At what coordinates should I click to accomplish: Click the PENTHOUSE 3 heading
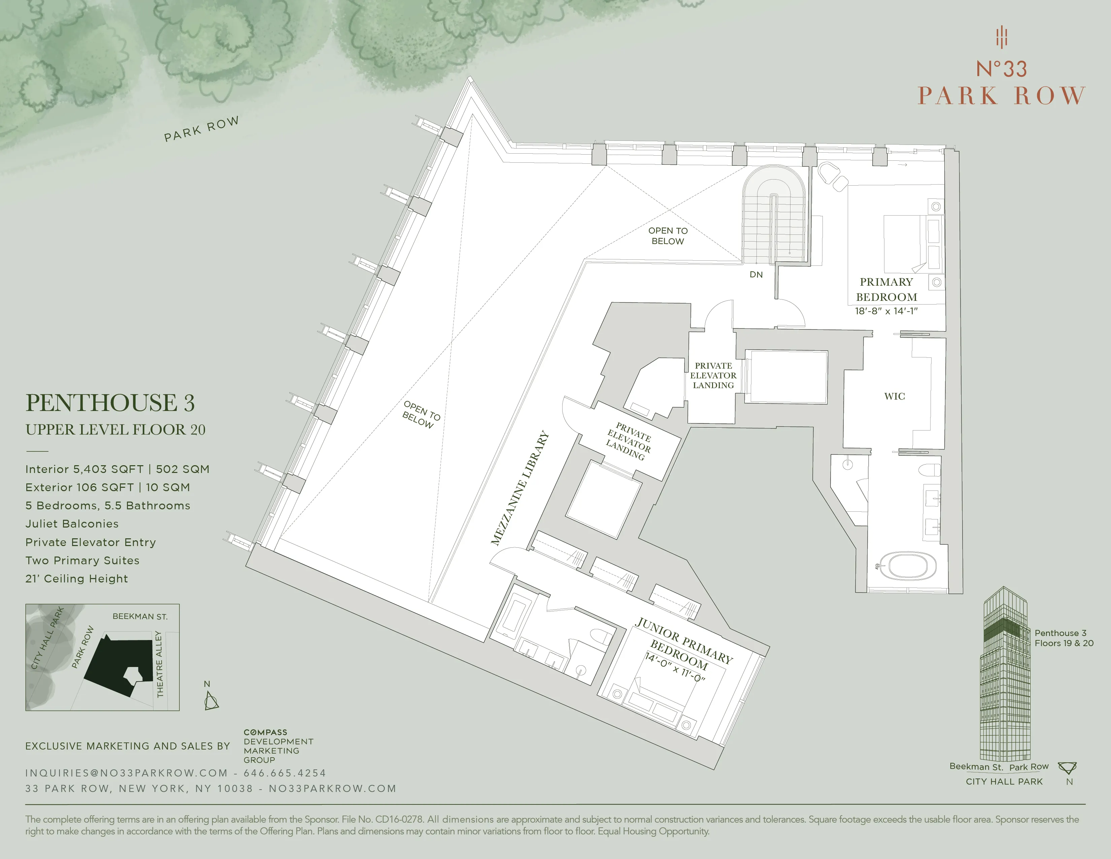pos(110,403)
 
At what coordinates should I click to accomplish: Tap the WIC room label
pos(894,396)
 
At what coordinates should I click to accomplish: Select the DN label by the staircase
pos(756,275)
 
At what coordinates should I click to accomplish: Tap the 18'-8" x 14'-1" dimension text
pos(886,311)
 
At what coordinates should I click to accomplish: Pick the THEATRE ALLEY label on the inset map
pos(159,664)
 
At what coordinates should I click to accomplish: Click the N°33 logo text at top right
pos(1001,69)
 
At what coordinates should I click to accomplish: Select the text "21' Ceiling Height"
pos(77,579)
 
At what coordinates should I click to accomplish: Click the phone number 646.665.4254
pos(285,773)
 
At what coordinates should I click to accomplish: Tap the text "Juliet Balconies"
pos(72,523)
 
